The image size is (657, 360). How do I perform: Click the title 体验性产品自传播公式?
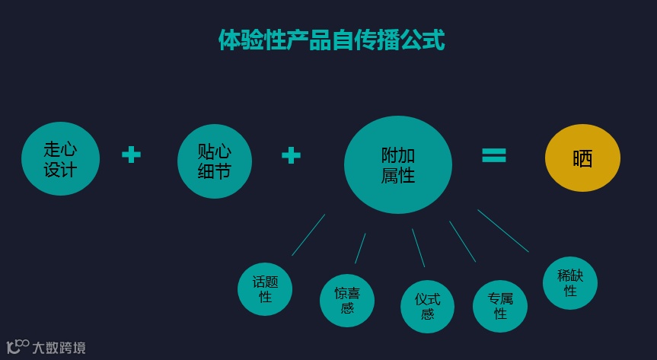pos(331,40)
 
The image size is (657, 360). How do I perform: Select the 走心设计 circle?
pos(60,159)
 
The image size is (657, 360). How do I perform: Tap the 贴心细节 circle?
pos(214,161)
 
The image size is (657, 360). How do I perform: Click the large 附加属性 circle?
pos(397,164)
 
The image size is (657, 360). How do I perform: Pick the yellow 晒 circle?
pos(582,158)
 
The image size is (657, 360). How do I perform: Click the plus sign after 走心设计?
pos(132,155)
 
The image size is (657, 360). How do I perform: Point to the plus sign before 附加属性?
pos(291,155)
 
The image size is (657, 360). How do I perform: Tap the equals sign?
pos(494,155)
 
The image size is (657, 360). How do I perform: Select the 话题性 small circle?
pos(265,289)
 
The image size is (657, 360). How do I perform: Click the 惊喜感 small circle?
pos(347,300)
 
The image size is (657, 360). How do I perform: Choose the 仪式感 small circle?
pos(427,307)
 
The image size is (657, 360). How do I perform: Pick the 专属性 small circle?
pos(500,306)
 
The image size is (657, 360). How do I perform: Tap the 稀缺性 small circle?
pos(569,282)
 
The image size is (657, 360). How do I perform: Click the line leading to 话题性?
pos(308,234)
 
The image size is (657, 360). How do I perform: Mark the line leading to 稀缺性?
pos(502,231)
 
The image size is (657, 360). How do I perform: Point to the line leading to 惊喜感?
pos(360,248)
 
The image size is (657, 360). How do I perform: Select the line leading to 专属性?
pos(462,241)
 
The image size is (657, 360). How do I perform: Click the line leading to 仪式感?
pos(418,247)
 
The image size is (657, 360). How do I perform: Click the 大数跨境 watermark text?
pos(59,348)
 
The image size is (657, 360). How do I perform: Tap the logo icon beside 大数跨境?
pos(18,346)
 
